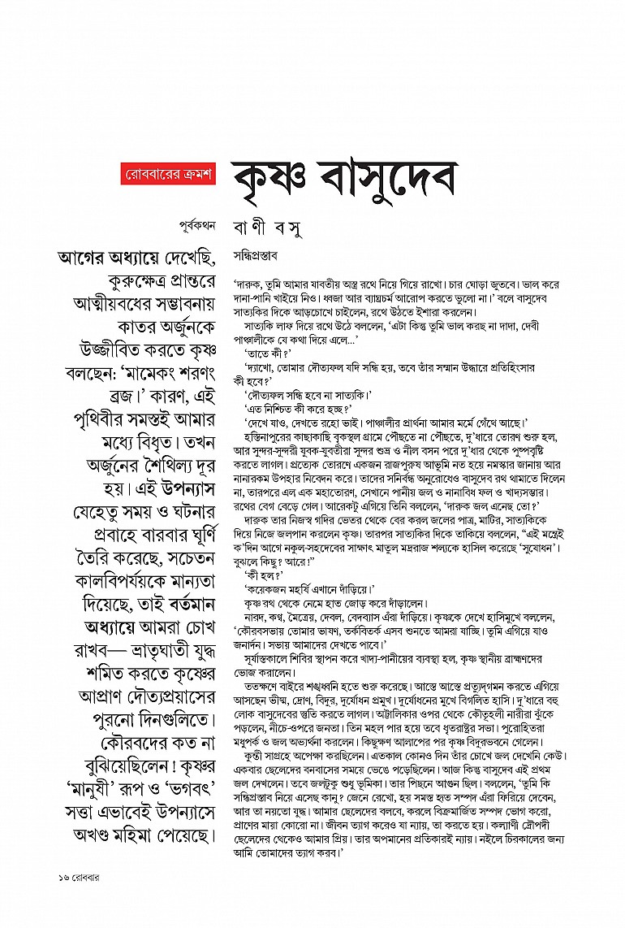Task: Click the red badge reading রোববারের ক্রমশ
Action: coord(169,175)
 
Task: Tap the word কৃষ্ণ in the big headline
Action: coord(277,176)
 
